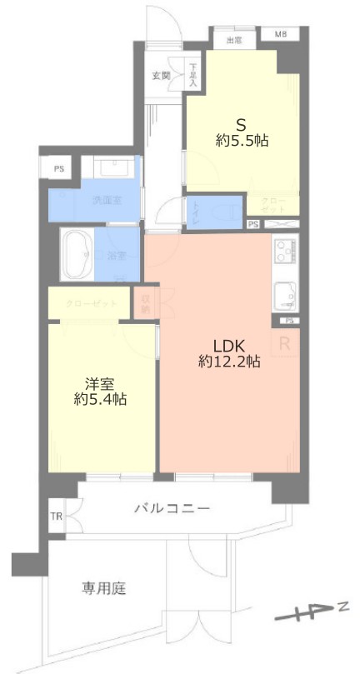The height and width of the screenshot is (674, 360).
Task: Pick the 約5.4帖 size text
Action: (x=100, y=400)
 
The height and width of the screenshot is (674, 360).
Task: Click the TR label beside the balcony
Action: (x=56, y=517)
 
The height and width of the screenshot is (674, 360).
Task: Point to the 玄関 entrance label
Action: (x=161, y=76)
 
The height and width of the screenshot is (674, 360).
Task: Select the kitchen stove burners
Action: (x=283, y=250)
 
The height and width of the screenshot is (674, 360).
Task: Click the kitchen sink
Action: (x=283, y=293)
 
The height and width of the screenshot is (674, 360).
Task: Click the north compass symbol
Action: (x=310, y=615)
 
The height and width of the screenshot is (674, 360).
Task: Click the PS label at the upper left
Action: (x=58, y=169)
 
